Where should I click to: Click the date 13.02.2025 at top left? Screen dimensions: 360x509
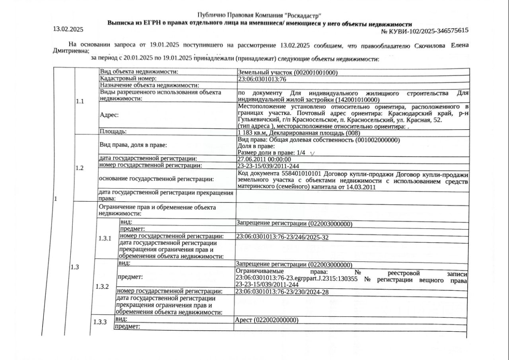click(68, 29)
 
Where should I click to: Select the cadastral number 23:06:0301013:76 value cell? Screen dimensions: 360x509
click(262, 79)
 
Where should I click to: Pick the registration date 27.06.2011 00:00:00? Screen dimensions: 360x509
click(264, 159)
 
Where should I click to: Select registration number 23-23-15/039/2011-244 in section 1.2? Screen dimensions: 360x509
click(268, 165)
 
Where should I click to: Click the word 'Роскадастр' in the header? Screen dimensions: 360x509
click(302, 15)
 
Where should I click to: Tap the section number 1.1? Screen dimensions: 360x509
click(80, 101)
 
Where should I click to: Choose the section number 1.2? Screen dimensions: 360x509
click(80, 168)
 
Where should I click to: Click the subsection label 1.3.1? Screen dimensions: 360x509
click(105, 238)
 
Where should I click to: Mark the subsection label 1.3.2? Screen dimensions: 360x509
click(102, 286)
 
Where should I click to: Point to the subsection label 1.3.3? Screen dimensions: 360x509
click(100, 322)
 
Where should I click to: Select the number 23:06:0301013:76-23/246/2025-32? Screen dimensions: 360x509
click(282, 237)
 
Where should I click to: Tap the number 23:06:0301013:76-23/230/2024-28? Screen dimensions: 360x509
click(282, 292)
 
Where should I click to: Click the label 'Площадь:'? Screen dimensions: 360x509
click(113, 131)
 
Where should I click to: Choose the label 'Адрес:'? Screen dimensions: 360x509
click(109, 115)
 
